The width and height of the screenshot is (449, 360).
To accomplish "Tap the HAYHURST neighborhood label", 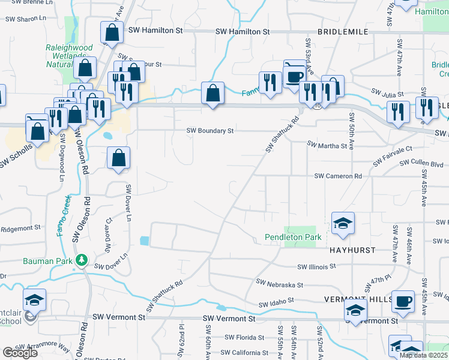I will coord(352,250).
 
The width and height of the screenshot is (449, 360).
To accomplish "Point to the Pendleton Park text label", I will coord(293,238).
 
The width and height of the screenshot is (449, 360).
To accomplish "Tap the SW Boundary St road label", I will coord(209,130).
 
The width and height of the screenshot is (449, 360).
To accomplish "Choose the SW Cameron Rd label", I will coord(339,176).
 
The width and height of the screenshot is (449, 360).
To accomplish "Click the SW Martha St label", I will coord(327,145).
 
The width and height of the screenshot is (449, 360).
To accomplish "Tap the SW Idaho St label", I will coord(276,302).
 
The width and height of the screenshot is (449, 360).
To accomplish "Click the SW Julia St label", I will coord(388,94).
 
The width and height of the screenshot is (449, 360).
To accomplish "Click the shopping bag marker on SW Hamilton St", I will coord(112,32).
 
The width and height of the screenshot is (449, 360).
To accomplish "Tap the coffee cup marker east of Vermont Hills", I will coord(403,301).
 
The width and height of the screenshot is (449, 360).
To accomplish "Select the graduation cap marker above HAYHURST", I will coord(343,223).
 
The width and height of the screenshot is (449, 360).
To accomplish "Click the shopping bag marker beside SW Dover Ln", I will coord(119,158).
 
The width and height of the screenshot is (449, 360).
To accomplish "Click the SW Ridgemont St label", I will coord(20,229).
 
